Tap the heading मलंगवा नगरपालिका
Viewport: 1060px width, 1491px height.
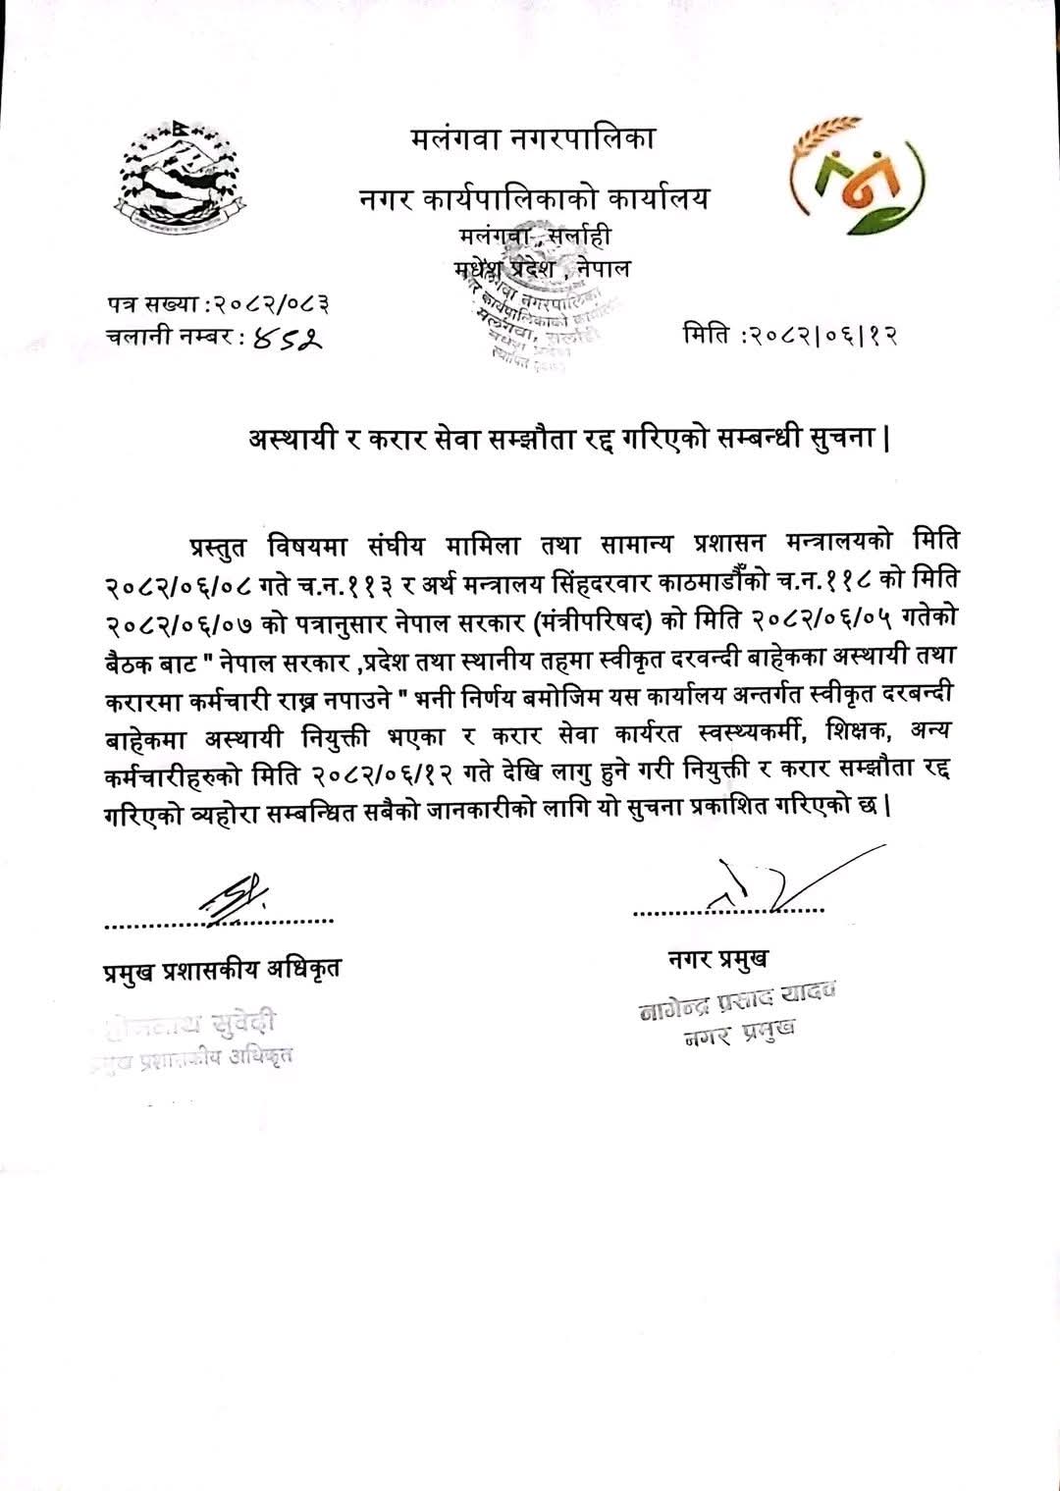[533, 139]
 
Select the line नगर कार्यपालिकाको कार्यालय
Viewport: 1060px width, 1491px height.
[533, 199]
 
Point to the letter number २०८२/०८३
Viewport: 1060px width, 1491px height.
[272, 303]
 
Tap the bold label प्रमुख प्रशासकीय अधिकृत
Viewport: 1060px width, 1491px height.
[222, 971]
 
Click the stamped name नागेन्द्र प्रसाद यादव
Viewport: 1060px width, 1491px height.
[735, 1001]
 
